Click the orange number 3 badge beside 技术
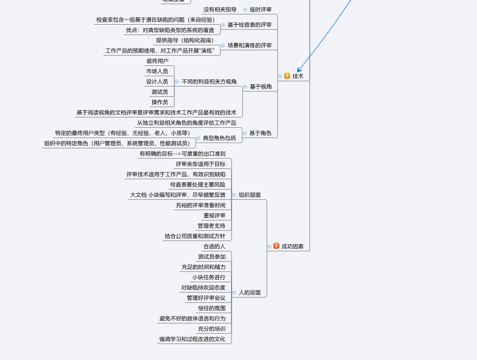287,76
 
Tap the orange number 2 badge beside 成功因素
276,246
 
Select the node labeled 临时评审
260,9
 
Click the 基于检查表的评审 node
250,25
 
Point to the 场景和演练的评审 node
250,45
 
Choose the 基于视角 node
261,87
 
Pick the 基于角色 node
260,133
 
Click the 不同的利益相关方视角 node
209,81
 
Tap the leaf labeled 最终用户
157,61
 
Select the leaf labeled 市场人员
157,71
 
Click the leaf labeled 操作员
160,102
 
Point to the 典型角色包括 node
219,138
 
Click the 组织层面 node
250,195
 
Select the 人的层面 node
250,293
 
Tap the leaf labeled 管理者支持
211,226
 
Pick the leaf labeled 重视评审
214,215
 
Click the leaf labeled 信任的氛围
212,308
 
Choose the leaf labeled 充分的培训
212,329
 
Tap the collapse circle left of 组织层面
234,195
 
